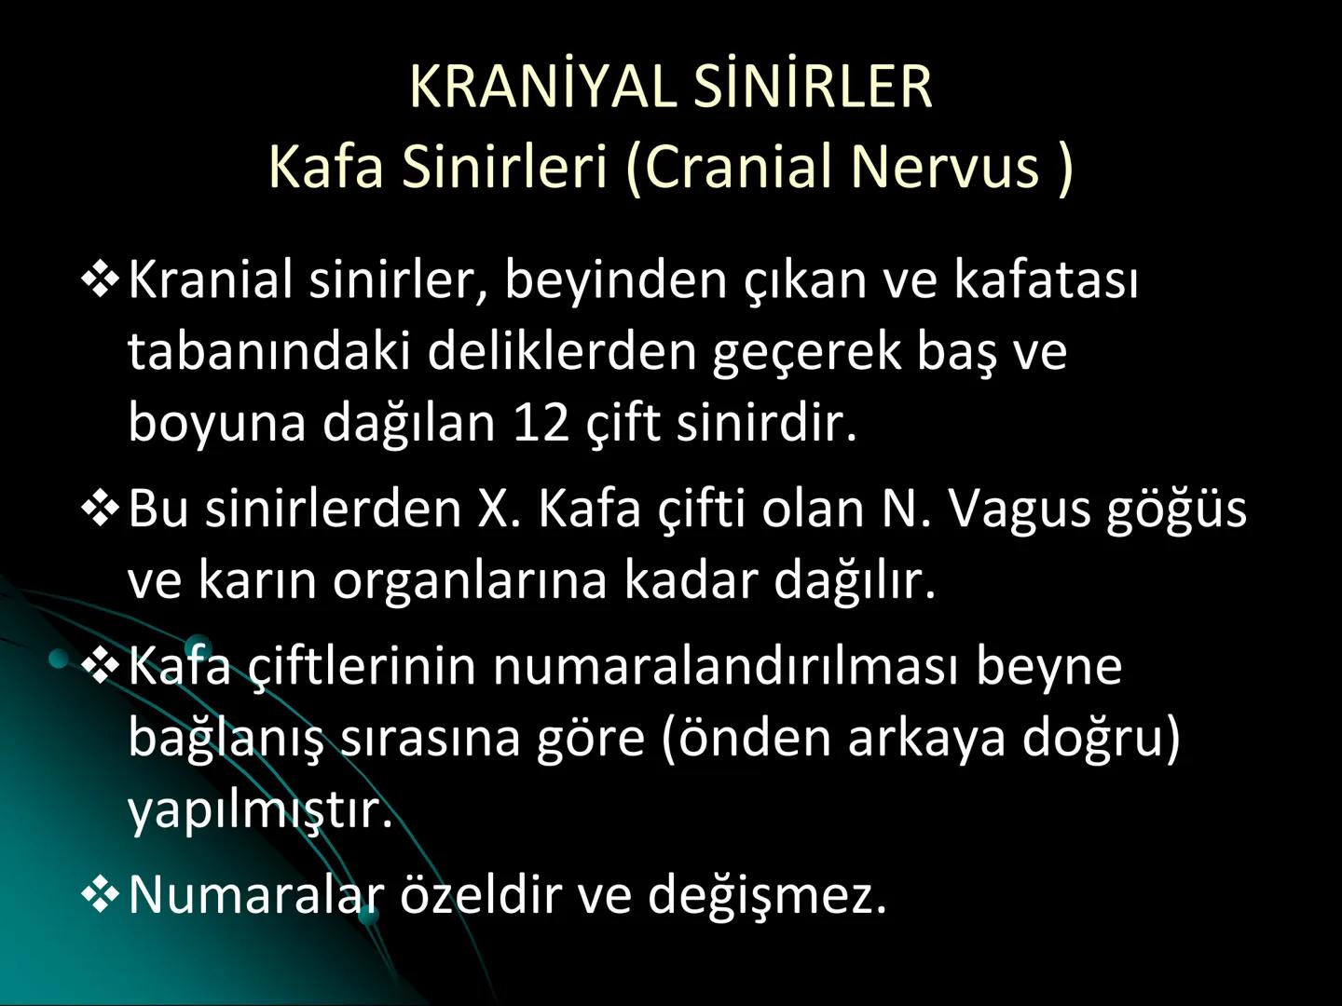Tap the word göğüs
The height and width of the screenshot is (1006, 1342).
(1176, 509)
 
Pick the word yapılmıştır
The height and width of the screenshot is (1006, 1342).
(260, 809)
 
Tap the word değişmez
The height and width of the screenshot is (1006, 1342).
(766, 893)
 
